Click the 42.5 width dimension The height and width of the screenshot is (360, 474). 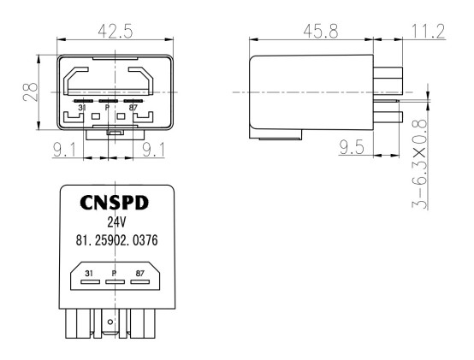[x=116, y=31]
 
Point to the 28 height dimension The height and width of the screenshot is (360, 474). [x=31, y=92]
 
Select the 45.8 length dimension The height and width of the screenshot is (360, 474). [x=321, y=32]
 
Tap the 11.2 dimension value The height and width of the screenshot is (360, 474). [x=429, y=32]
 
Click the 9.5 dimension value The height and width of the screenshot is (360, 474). [x=352, y=147]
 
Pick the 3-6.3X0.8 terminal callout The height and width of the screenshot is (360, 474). [x=419, y=164]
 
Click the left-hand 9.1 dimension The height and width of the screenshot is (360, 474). [x=64, y=150]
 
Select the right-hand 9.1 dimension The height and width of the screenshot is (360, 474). [x=154, y=150]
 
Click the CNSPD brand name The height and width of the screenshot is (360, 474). [x=115, y=203]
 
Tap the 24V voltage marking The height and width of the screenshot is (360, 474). [x=116, y=222]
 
